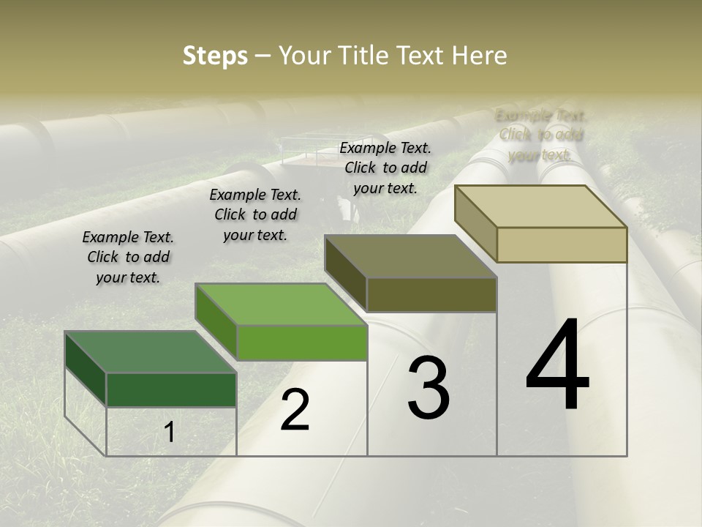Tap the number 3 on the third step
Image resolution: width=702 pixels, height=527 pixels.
(x=429, y=388)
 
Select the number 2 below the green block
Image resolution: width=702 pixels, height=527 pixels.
(x=295, y=410)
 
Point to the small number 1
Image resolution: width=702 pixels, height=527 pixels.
(x=170, y=433)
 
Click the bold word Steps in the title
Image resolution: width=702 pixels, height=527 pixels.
(x=215, y=56)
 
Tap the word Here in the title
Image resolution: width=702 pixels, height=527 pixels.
(x=479, y=56)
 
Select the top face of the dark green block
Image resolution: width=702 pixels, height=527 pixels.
(x=150, y=352)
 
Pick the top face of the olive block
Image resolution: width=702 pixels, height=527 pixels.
(x=411, y=256)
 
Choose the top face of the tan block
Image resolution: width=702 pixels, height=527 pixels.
(x=541, y=206)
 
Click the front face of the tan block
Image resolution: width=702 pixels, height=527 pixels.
(x=562, y=244)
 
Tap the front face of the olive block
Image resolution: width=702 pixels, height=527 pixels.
(x=431, y=294)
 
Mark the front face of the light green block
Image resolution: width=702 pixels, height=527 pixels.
(x=302, y=343)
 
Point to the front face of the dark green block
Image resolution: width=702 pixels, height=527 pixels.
(x=171, y=389)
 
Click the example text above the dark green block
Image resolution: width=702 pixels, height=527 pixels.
(x=128, y=257)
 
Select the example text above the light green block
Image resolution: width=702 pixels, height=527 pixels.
(x=255, y=214)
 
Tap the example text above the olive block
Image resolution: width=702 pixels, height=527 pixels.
(x=385, y=168)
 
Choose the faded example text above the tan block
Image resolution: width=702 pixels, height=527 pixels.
(x=540, y=135)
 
